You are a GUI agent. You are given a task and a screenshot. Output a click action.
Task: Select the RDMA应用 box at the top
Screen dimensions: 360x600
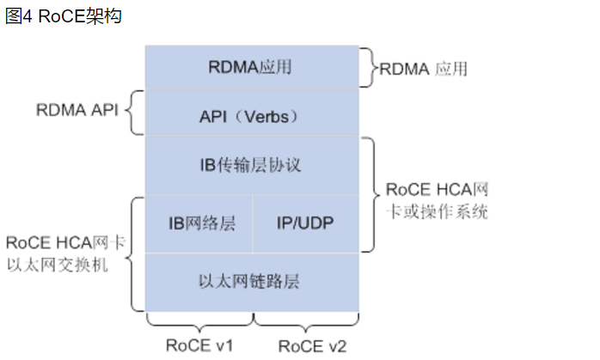point(250,67)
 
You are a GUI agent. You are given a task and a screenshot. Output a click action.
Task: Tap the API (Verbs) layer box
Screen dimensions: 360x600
point(250,114)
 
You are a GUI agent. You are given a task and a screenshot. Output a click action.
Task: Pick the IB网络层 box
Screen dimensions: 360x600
point(200,223)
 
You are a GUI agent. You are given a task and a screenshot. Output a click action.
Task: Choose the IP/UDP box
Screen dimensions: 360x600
point(305,223)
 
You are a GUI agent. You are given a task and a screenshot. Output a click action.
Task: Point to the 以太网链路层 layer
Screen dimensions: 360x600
point(250,281)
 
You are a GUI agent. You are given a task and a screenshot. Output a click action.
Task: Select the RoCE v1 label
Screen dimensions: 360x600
point(201,345)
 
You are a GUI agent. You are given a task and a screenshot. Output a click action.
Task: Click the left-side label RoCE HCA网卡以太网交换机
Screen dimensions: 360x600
point(65,254)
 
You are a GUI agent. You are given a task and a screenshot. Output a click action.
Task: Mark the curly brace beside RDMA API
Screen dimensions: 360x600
point(135,113)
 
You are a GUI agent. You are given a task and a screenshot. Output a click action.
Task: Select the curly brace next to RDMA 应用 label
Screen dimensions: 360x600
point(371,67)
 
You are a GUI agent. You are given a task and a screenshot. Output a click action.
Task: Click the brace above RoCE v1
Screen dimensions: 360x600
point(199,323)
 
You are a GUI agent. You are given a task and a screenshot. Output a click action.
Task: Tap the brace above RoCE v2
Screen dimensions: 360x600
point(305,323)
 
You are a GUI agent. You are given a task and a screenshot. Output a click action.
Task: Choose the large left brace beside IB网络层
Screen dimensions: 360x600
point(135,253)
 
